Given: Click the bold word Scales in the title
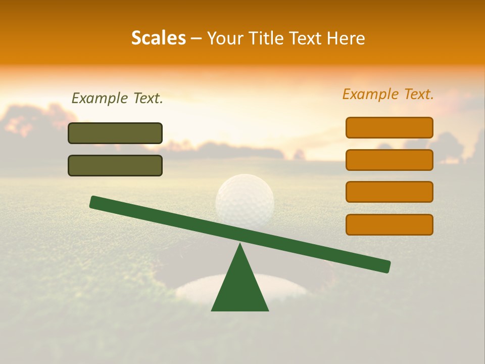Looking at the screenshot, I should coord(159,38).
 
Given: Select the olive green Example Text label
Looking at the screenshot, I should coord(117,98).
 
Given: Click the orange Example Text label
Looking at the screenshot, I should coord(388,94).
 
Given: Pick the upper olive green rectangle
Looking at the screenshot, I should coord(115,133).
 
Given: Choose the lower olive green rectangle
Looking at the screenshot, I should coord(115,165).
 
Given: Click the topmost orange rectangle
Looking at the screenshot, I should coord(389,127).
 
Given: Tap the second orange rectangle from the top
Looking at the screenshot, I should coord(389,160).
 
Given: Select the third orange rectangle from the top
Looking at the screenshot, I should coord(389,192).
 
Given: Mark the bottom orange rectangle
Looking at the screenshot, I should coord(389,224).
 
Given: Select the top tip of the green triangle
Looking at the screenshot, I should coord(240,246).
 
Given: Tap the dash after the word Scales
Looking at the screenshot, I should coord(197,38).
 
